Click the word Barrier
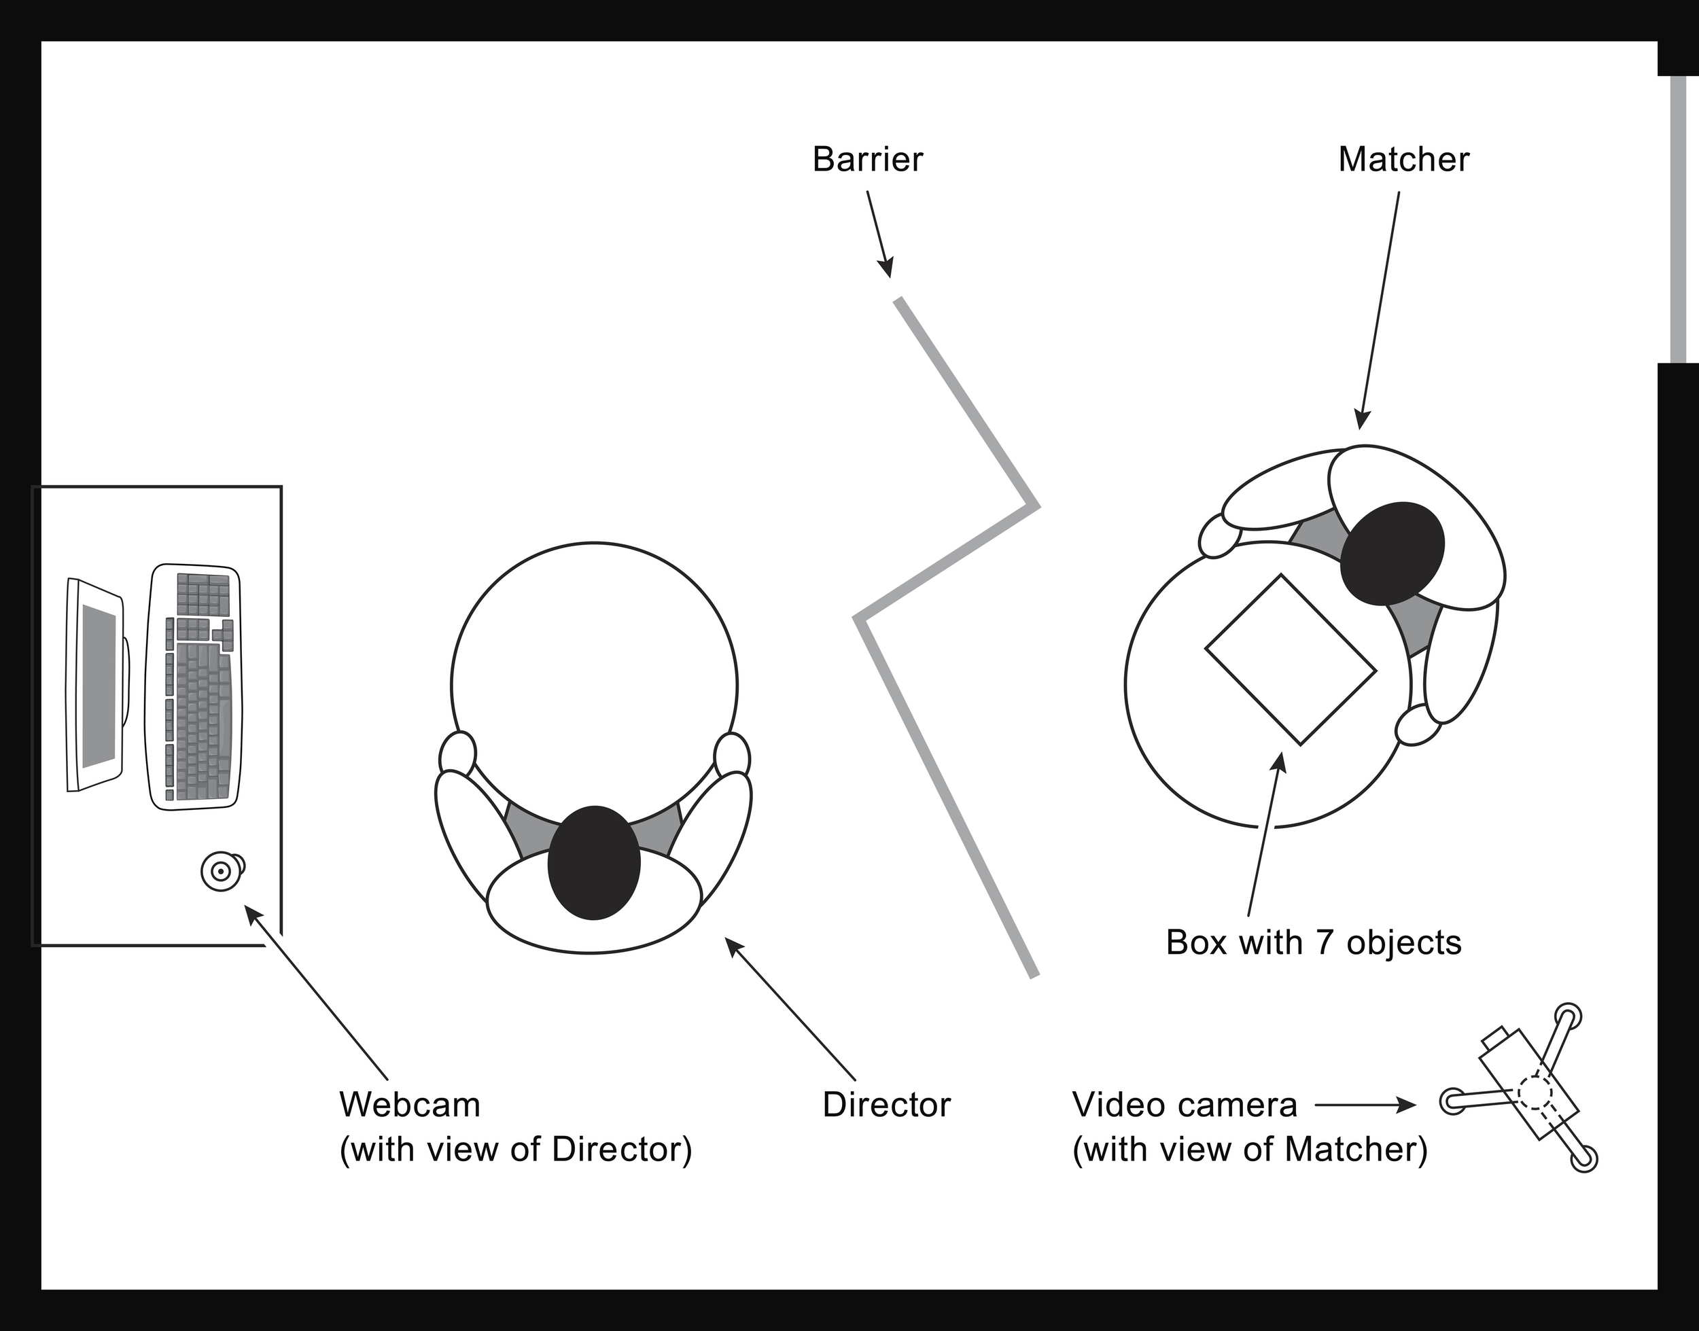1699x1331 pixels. [x=867, y=160]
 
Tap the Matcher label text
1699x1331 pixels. [x=1403, y=160]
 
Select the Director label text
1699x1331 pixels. [x=886, y=1105]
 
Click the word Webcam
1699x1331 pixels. [x=410, y=1105]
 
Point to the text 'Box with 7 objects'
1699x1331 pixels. [x=1313, y=943]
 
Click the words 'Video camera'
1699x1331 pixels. [x=1185, y=1105]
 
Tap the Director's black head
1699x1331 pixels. [x=594, y=863]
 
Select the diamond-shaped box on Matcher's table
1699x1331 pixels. [x=1291, y=660]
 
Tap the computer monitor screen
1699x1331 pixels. [x=99, y=686]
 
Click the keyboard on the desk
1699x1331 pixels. [x=194, y=686]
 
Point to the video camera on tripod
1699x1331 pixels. [x=1528, y=1099]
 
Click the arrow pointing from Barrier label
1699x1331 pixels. [x=878, y=234]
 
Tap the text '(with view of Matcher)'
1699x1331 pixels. [x=1250, y=1150]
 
